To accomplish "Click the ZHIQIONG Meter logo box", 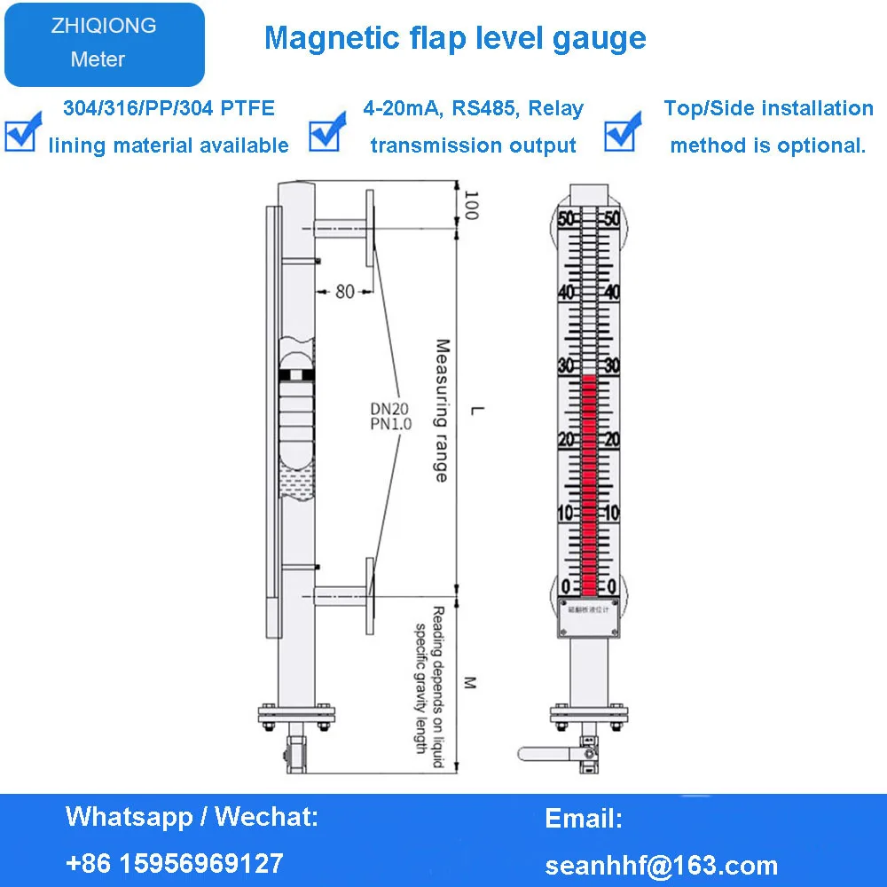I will pyautogui.click(x=104, y=43).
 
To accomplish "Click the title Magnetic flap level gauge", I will pyautogui.click(x=455, y=38).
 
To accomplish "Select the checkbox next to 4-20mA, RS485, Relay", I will pyautogui.click(x=324, y=130).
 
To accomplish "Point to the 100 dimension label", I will pyautogui.click(x=471, y=206).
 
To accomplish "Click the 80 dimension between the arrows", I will pyautogui.click(x=344, y=291).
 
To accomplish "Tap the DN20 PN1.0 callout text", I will pyautogui.click(x=391, y=416).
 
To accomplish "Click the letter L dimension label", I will pyautogui.click(x=476, y=410).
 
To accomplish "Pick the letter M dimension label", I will pyautogui.click(x=471, y=682).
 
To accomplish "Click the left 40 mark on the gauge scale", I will pyautogui.click(x=565, y=293).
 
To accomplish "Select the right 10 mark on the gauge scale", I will pyautogui.click(x=612, y=514).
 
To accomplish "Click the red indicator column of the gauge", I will pyautogui.click(x=589, y=483).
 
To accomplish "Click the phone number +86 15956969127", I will pyautogui.click(x=175, y=862).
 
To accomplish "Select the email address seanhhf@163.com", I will pyautogui.click(x=661, y=865).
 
